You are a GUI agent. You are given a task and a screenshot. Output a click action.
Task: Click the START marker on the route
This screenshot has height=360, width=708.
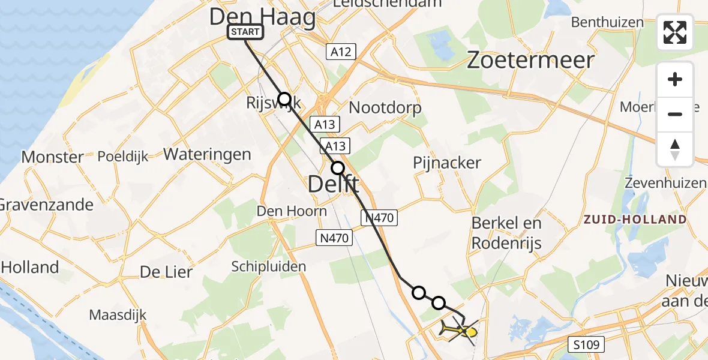245,32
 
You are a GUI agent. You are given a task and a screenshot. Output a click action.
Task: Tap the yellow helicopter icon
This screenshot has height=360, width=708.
460,330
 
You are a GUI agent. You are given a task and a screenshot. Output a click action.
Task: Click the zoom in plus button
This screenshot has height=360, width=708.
675,79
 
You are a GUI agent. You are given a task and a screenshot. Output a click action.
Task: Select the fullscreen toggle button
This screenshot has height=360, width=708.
675,32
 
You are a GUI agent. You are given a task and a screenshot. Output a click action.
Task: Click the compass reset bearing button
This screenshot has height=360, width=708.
675,149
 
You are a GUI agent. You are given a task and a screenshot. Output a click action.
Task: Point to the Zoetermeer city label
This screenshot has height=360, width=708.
530,60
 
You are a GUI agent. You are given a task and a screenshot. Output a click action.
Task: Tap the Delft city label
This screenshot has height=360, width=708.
334,184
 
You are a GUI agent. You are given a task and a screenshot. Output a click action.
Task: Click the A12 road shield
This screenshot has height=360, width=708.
341,52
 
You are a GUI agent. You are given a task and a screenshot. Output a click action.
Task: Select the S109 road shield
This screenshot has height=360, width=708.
586,344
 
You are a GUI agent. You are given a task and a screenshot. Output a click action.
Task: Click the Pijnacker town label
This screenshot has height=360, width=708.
447,163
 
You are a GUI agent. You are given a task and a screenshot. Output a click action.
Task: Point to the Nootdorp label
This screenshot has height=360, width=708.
385,108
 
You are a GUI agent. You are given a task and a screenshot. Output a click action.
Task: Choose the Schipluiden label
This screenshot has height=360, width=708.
269,266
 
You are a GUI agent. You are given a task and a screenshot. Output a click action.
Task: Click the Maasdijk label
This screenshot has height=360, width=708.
118,314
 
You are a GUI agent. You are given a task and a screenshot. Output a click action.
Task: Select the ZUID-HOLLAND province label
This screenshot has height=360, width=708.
635,220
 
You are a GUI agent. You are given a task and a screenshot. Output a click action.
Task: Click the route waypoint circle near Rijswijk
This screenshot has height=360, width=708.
284,99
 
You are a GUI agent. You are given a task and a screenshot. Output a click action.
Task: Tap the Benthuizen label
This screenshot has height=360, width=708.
607,23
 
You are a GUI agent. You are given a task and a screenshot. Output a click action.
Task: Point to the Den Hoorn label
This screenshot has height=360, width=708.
292,211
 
